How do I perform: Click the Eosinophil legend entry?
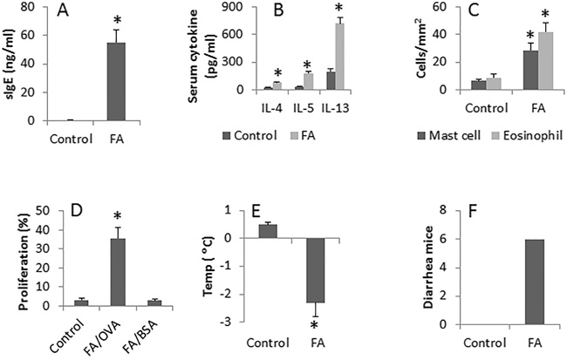(523, 136)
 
